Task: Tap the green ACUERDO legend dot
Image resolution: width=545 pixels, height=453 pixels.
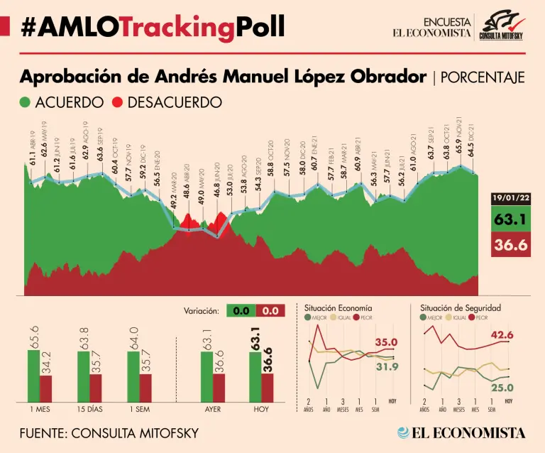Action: [25, 102]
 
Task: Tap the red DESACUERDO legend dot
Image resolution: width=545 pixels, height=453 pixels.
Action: [117, 102]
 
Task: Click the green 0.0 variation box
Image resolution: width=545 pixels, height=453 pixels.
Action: [241, 310]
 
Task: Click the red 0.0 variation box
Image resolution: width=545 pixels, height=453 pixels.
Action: [270, 310]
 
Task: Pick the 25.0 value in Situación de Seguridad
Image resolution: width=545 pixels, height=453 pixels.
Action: [502, 387]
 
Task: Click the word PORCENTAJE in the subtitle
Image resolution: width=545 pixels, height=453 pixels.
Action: [483, 77]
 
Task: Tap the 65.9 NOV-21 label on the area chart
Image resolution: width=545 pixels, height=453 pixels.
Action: [458, 149]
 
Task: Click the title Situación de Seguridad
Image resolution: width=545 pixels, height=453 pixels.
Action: [461, 308]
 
